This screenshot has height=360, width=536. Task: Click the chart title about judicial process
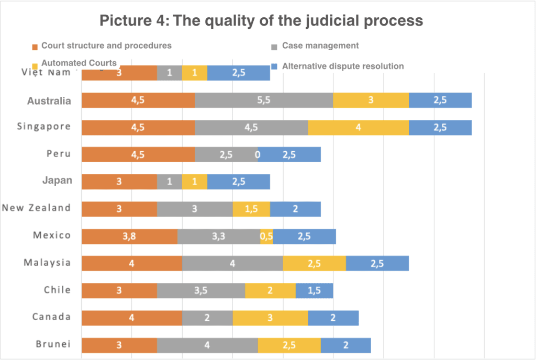coord(261,21)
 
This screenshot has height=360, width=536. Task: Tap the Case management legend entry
coord(320,46)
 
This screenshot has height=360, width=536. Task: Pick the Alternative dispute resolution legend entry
coord(342,66)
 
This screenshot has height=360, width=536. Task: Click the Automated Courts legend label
coord(79,63)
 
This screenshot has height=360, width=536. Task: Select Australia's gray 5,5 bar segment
coord(264,100)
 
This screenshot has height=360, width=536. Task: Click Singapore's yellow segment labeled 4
coord(358,127)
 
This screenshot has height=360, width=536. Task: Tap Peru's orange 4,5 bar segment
coord(138,154)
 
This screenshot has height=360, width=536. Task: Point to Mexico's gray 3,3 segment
coord(219,236)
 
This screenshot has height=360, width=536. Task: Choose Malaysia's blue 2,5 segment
coord(377,263)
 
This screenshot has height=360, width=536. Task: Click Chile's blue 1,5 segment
coord(314,290)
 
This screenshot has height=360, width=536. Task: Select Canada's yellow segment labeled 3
coord(270,318)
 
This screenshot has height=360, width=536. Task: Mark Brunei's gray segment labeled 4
coord(207,345)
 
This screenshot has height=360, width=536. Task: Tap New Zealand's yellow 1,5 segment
coord(251,209)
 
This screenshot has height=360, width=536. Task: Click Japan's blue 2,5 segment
coord(239,182)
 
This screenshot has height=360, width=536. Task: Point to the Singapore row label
coord(43,127)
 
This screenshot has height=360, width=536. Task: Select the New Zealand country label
coord(36,208)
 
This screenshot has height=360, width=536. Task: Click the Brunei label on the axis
coord(53,344)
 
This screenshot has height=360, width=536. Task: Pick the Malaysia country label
coord(47,263)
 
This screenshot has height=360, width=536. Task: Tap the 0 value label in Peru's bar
coord(257,155)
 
